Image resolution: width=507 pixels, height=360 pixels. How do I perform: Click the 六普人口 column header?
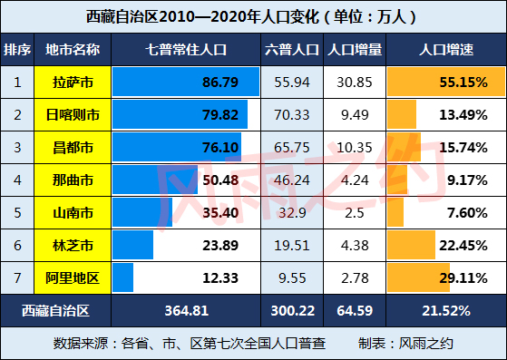[x=290, y=49]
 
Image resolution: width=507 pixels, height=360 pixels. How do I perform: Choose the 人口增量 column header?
[x=354, y=49]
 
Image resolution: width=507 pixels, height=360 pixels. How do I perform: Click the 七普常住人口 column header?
[x=186, y=49]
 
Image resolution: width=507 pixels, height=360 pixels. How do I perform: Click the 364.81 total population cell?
[x=186, y=310]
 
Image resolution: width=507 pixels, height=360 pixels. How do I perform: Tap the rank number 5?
[x=17, y=212]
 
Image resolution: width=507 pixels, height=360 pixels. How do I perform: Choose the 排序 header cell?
[x=17, y=49]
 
